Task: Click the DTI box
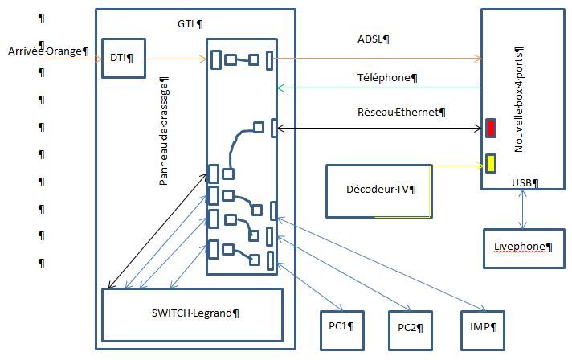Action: pyautogui.click(x=124, y=57)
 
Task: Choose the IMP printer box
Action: pyautogui.click(x=482, y=328)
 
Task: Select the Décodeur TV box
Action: pyautogui.click(x=378, y=190)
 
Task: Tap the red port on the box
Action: pyautogui.click(x=491, y=128)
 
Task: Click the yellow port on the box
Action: pyautogui.click(x=490, y=163)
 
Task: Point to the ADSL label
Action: pyautogui.click(x=373, y=39)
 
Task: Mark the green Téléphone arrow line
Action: pyautogui.click(x=378, y=88)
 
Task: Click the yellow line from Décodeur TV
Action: pyautogui.click(x=458, y=166)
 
